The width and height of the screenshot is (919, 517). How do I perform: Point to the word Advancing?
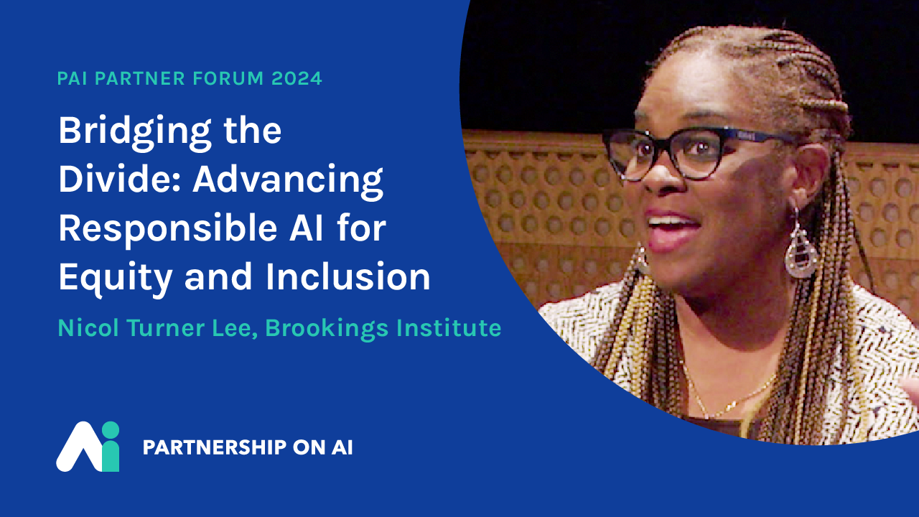point(288,181)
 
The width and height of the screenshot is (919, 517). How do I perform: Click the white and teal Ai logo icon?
point(88,447)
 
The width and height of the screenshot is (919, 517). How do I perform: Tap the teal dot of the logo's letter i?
point(110,430)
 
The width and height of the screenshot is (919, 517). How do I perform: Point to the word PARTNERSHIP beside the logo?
point(214,447)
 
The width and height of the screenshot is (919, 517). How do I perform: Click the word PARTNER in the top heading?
point(139,78)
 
